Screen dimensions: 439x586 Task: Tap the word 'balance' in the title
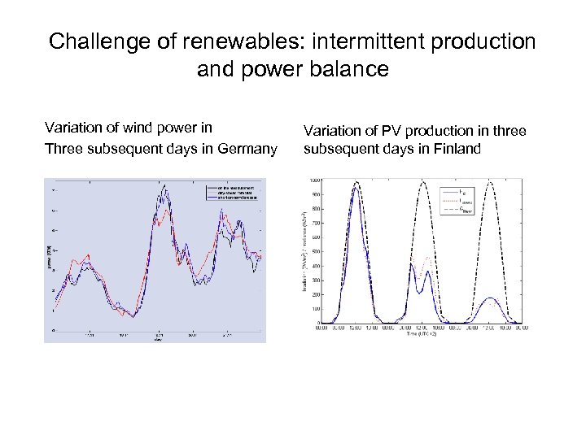click(x=351, y=69)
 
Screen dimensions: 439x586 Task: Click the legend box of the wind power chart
click(x=231, y=192)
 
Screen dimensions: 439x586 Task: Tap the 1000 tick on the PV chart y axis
click(x=313, y=180)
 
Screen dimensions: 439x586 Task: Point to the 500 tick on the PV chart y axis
click(x=314, y=251)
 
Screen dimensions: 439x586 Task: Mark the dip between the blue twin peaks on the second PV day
click(x=419, y=291)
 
